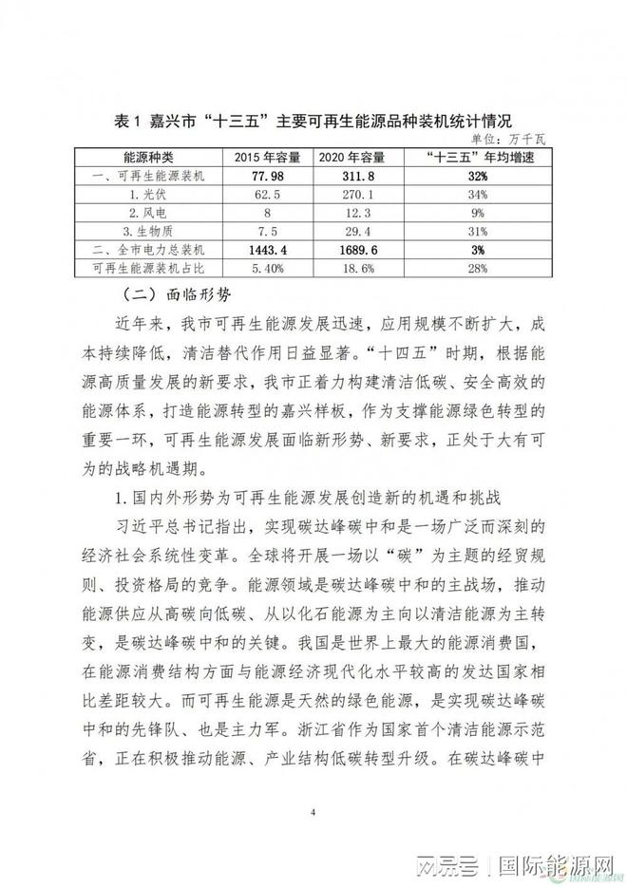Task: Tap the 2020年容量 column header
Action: [x=352, y=157]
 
